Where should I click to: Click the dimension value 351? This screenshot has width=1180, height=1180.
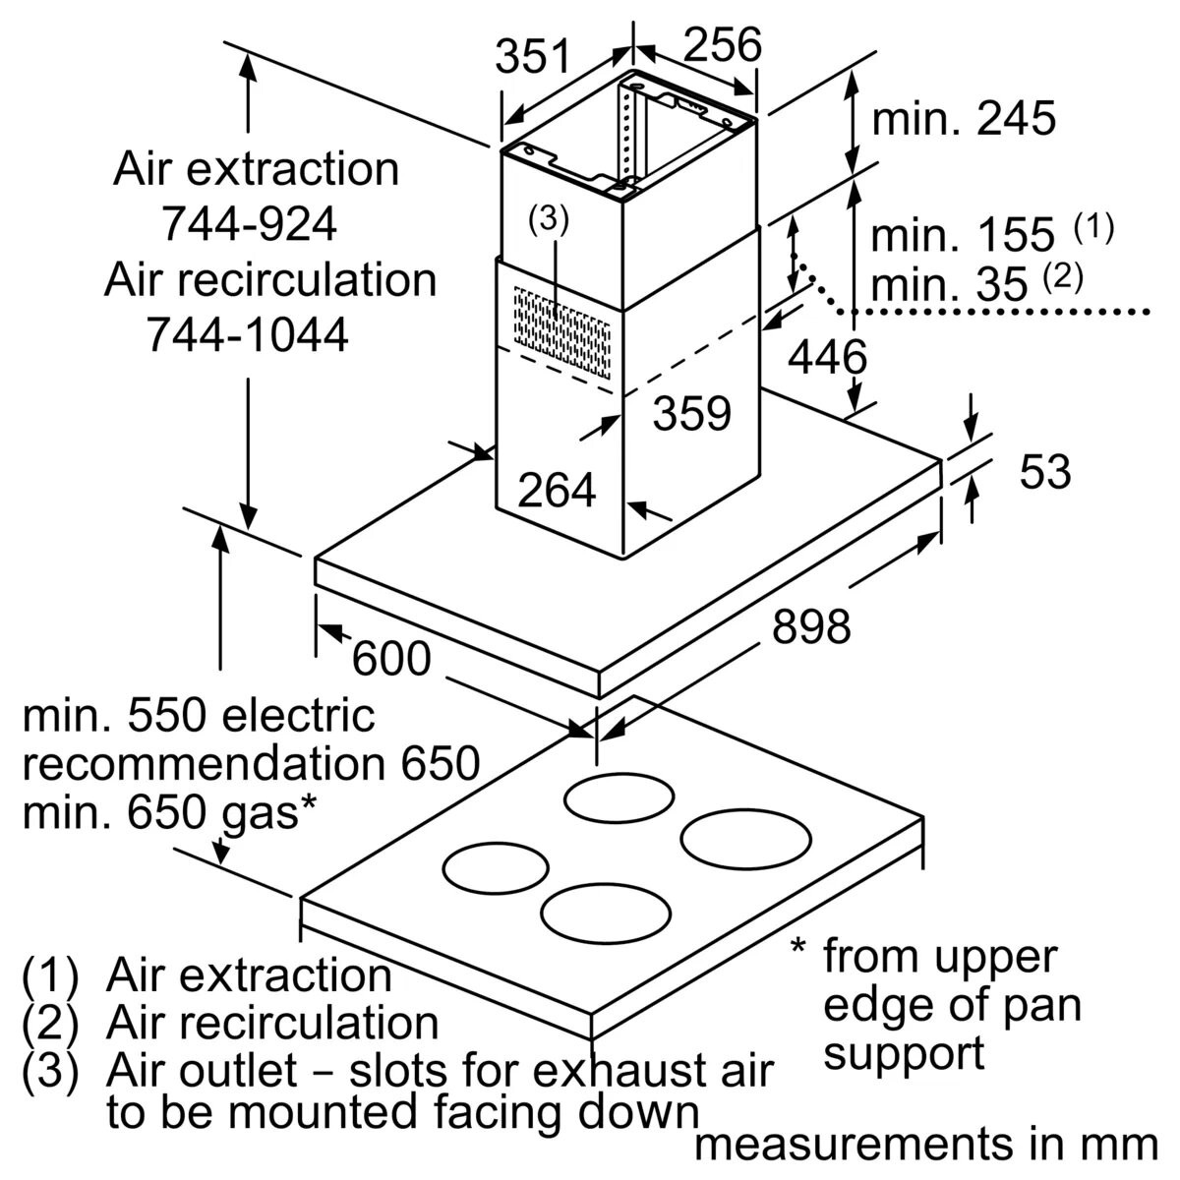(x=533, y=56)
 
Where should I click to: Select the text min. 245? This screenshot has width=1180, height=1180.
(x=964, y=119)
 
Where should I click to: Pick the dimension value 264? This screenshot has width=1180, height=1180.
(x=557, y=490)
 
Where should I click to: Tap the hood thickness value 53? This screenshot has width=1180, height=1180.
(x=1044, y=472)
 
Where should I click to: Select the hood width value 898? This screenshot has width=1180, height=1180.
(x=810, y=625)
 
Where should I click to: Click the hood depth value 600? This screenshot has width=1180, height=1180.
(x=391, y=659)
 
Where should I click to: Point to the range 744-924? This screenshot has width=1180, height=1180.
(x=250, y=225)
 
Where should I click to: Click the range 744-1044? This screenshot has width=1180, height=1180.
(x=248, y=336)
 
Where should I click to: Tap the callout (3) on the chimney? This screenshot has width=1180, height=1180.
(x=548, y=220)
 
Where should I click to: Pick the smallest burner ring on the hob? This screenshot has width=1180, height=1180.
(x=496, y=869)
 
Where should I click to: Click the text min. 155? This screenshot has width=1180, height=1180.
(x=963, y=235)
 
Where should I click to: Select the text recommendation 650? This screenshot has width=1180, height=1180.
(x=251, y=763)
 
